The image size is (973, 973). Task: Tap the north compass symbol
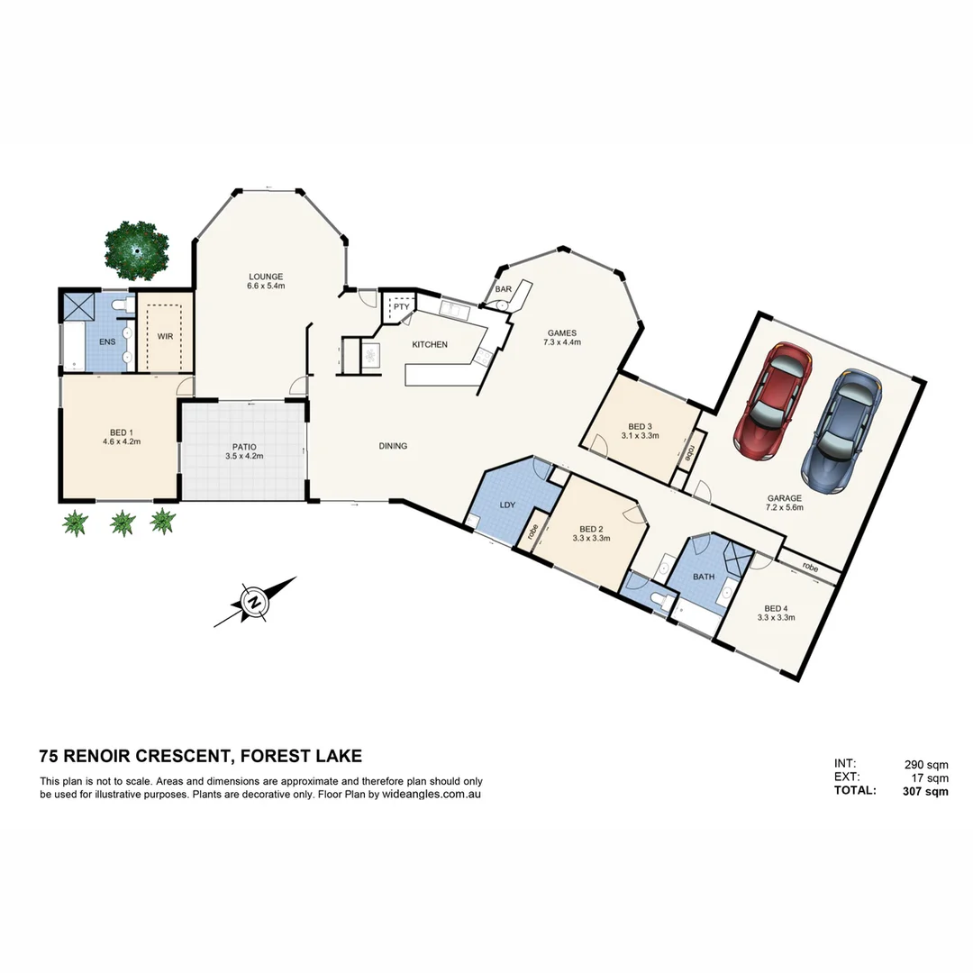pos(254,602)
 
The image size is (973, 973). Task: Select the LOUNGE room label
pos(267,277)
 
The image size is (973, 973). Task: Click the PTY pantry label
pos(401,307)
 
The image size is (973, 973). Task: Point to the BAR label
pos(503,289)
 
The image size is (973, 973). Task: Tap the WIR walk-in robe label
pos(165,336)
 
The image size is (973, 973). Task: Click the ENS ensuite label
pos(107,341)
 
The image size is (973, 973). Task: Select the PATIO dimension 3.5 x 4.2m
pos(244,456)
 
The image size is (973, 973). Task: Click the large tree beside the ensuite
pos(137,250)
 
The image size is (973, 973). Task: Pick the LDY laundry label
pos(507,505)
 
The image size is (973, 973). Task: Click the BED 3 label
pos(641,426)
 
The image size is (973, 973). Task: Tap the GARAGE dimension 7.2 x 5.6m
pos(784,508)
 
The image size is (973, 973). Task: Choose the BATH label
pos(704,576)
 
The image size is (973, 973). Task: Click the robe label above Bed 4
pos(810,568)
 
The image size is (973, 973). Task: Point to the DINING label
pos(393,446)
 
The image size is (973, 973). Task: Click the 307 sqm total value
pos(925,791)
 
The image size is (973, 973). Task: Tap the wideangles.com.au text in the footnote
pos(432,795)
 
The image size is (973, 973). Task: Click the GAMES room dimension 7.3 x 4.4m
pos(562,342)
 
